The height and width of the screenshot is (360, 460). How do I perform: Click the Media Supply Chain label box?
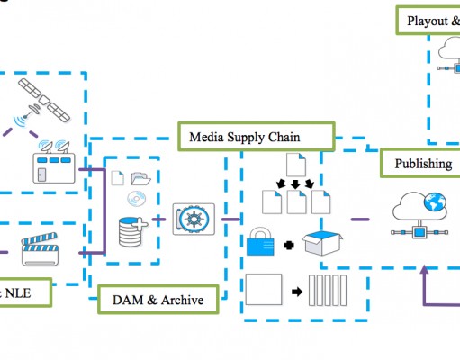pyautogui.click(x=257, y=136)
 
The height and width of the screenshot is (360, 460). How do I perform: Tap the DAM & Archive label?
pyautogui.click(x=158, y=300)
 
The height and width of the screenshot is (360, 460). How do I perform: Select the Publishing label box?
pyautogui.click(x=420, y=163)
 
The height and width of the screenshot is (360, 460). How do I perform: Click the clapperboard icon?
pyautogui.click(x=41, y=249)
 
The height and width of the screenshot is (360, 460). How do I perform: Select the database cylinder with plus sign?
pyautogui.click(x=132, y=231)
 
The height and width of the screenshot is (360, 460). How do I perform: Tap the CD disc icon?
pyautogui.click(x=137, y=199)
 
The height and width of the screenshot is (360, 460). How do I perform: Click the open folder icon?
pyautogui.click(x=140, y=178)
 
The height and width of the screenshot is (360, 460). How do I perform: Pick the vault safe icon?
pyautogui.click(x=194, y=219)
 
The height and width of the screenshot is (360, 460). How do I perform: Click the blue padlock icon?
pyautogui.click(x=260, y=241)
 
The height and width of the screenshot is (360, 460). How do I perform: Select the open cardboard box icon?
pyautogui.click(x=322, y=243)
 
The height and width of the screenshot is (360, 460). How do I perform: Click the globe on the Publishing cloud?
pyautogui.click(x=435, y=202)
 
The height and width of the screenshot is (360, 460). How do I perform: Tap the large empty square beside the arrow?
pyautogui.click(x=264, y=289)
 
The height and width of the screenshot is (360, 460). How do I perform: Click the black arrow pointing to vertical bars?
pyautogui.click(x=297, y=292)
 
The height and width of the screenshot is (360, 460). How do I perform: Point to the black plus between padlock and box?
pyautogui.click(x=289, y=246)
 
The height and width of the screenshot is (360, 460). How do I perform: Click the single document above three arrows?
pyautogui.click(x=296, y=165)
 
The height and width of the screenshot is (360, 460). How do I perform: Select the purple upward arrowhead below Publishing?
pyautogui.click(x=424, y=269)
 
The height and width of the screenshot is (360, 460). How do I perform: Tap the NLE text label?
pyautogui.click(x=18, y=293)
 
